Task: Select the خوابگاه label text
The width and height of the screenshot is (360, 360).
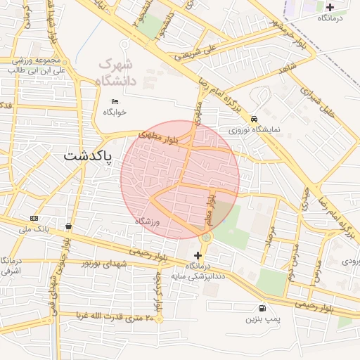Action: [x=115, y=112]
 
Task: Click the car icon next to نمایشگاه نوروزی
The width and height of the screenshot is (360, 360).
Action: [x=253, y=119]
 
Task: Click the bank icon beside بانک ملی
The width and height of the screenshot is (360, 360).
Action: [x=34, y=218]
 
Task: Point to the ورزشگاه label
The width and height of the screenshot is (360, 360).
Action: [x=148, y=221]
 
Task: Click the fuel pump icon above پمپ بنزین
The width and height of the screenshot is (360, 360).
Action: [x=262, y=308]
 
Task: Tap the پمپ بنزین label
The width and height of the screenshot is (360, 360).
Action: [x=262, y=319]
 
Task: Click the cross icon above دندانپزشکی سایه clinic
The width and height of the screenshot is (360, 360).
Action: [x=197, y=255]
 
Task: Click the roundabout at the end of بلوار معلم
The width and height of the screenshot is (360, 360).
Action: [x=205, y=238]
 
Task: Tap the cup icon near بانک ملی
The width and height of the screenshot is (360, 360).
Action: [x=68, y=226]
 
